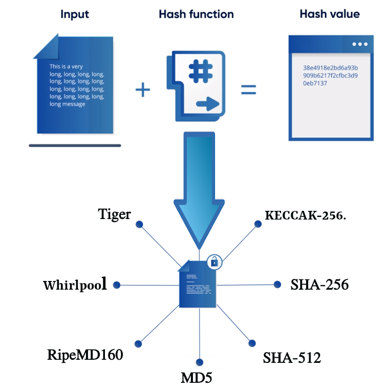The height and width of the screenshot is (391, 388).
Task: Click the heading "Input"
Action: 75,14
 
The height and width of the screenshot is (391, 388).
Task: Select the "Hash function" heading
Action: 196,14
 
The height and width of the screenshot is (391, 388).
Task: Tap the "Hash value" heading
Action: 330,14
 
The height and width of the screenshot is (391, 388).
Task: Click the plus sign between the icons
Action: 143,90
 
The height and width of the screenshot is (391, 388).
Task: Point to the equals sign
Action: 248,90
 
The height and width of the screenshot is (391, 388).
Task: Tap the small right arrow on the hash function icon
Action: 208,104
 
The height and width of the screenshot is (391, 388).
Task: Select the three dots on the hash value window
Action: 360,44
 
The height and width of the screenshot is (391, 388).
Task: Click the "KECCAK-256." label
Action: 306,215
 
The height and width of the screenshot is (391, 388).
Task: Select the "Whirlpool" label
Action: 75,285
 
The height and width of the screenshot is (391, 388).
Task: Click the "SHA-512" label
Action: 292,358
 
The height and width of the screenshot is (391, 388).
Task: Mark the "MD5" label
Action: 196,378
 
